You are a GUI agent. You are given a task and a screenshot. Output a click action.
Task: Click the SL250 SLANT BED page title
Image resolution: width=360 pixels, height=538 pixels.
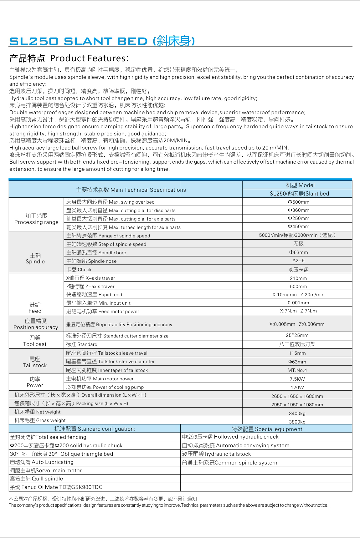[102, 41]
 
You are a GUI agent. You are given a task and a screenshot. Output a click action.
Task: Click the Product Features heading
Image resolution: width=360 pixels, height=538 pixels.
[69, 58]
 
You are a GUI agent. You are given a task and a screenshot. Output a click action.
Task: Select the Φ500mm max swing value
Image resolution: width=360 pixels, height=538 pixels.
[298, 202]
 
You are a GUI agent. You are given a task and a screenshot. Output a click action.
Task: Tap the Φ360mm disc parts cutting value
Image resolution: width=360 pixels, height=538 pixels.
[298, 210]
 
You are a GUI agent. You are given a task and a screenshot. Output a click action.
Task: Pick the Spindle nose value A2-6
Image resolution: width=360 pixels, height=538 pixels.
[298, 261]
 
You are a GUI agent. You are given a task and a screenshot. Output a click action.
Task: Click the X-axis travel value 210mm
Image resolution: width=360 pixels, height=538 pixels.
[298, 278]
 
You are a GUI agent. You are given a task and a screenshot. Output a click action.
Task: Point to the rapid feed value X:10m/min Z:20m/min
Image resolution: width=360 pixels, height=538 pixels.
[298, 295]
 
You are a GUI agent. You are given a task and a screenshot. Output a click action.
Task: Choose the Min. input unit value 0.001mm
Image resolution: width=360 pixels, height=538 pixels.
[298, 303]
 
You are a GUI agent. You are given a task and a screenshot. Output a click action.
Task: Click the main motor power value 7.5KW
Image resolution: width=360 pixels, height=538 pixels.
[297, 379]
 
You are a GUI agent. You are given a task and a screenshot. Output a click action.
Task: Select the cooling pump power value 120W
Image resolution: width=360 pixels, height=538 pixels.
[297, 388]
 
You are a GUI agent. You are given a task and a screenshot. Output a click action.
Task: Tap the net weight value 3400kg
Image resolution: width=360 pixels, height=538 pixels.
[297, 414]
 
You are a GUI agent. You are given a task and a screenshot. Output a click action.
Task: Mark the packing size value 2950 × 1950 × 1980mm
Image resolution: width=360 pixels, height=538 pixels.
[297, 405]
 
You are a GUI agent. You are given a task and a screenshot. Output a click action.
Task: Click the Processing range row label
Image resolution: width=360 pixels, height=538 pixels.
[36, 219]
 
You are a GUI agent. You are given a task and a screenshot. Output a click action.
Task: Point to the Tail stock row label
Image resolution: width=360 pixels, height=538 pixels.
[35, 362]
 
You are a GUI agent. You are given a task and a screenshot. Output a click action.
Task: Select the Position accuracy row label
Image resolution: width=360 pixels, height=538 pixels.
[36, 324]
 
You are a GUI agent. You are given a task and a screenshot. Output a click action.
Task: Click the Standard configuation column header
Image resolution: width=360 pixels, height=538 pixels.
[95, 429]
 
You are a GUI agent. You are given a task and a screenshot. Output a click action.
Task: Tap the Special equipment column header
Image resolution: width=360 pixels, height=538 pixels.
[267, 429]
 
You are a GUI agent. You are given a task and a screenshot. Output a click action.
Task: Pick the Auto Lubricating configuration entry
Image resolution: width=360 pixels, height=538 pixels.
[42, 462]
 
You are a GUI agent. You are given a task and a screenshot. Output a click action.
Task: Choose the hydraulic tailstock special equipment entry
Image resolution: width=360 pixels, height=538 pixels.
[216, 454]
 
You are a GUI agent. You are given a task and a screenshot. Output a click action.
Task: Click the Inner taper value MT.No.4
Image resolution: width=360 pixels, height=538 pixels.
[297, 370]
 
